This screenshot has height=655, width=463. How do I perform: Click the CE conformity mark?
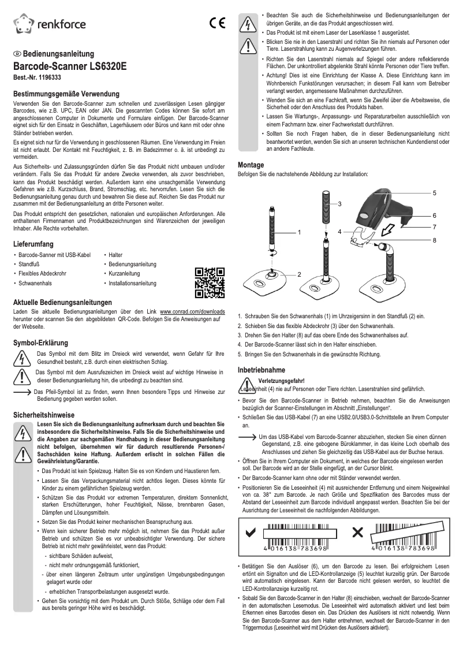(x=217, y=24)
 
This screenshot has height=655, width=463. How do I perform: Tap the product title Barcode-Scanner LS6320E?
(x=69, y=66)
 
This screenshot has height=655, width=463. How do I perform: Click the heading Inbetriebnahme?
(x=262, y=369)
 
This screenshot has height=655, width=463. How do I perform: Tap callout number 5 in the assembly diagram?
(x=434, y=192)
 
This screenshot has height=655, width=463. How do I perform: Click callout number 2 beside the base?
(x=300, y=273)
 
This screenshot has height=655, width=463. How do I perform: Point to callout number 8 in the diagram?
(x=434, y=239)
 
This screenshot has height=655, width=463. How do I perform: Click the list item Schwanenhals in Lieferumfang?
(x=35, y=284)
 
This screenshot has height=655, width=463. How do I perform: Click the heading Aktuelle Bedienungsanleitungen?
(x=62, y=303)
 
